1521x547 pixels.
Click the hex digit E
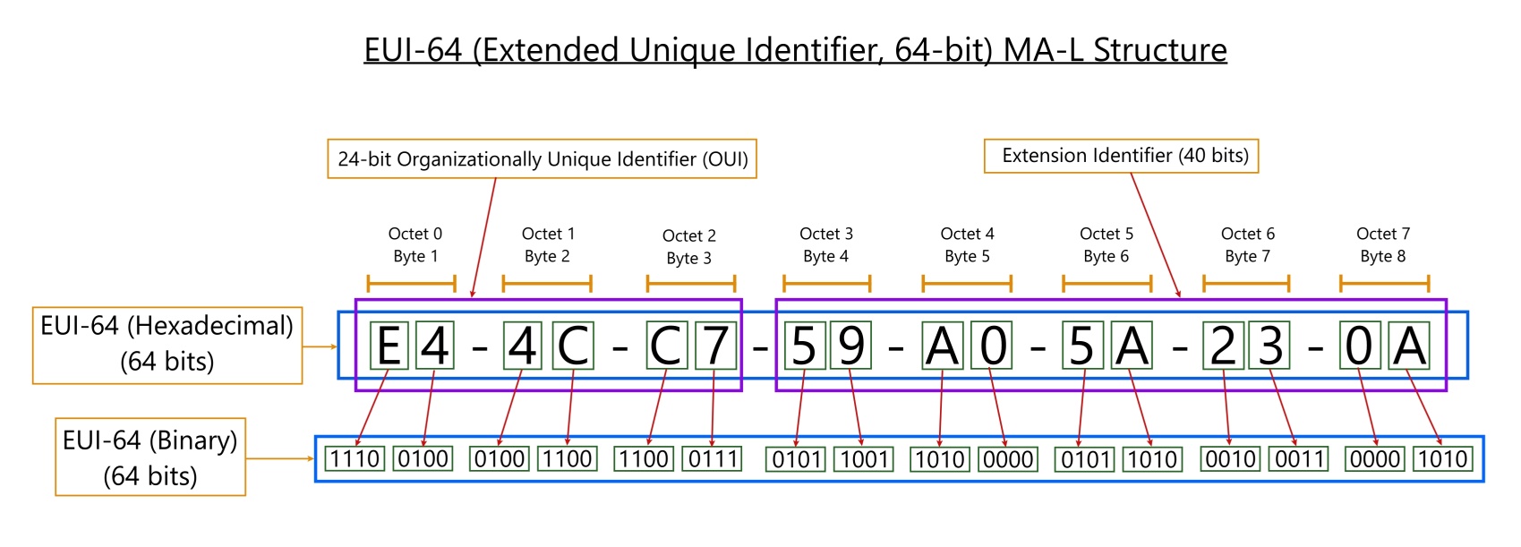coord(389,346)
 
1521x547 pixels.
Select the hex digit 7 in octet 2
coord(715,346)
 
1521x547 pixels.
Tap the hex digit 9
coord(851,346)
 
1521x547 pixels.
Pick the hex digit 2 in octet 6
coord(1223,346)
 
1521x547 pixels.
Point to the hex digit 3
coord(1270,346)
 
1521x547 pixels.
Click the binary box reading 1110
coord(355,458)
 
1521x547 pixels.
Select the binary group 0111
coord(713,458)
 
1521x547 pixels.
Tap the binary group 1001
coord(864,458)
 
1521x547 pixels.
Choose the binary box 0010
coord(1230,458)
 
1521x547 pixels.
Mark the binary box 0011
coord(1299,458)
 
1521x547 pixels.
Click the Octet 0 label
coord(414,235)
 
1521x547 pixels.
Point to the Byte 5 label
coord(967,257)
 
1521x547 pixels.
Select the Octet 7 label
coord(1383,235)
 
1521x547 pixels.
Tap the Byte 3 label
coord(688,259)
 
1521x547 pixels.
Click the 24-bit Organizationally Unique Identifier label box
coord(542,158)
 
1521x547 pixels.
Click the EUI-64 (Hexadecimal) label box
coord(167,346)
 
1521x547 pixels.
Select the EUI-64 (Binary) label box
coord(150,457)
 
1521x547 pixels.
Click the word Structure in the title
coord(1159,49)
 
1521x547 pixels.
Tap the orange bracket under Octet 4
coord(967,283)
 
